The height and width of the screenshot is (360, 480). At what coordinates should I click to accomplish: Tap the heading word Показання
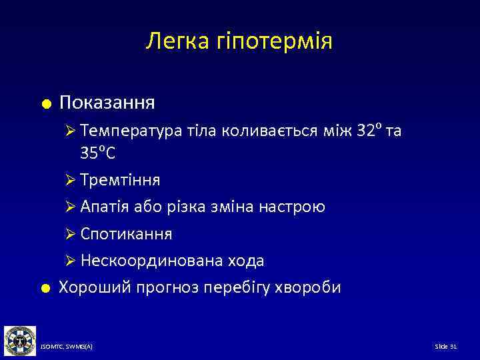coord(107,103)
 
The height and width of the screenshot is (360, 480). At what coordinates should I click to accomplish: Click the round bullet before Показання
coord(45,103)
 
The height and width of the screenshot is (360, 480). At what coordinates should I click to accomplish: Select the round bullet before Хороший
coord(45,288)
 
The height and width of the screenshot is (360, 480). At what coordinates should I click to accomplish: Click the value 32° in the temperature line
coord(367,131)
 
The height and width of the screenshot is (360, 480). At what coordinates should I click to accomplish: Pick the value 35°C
coord(98,153)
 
